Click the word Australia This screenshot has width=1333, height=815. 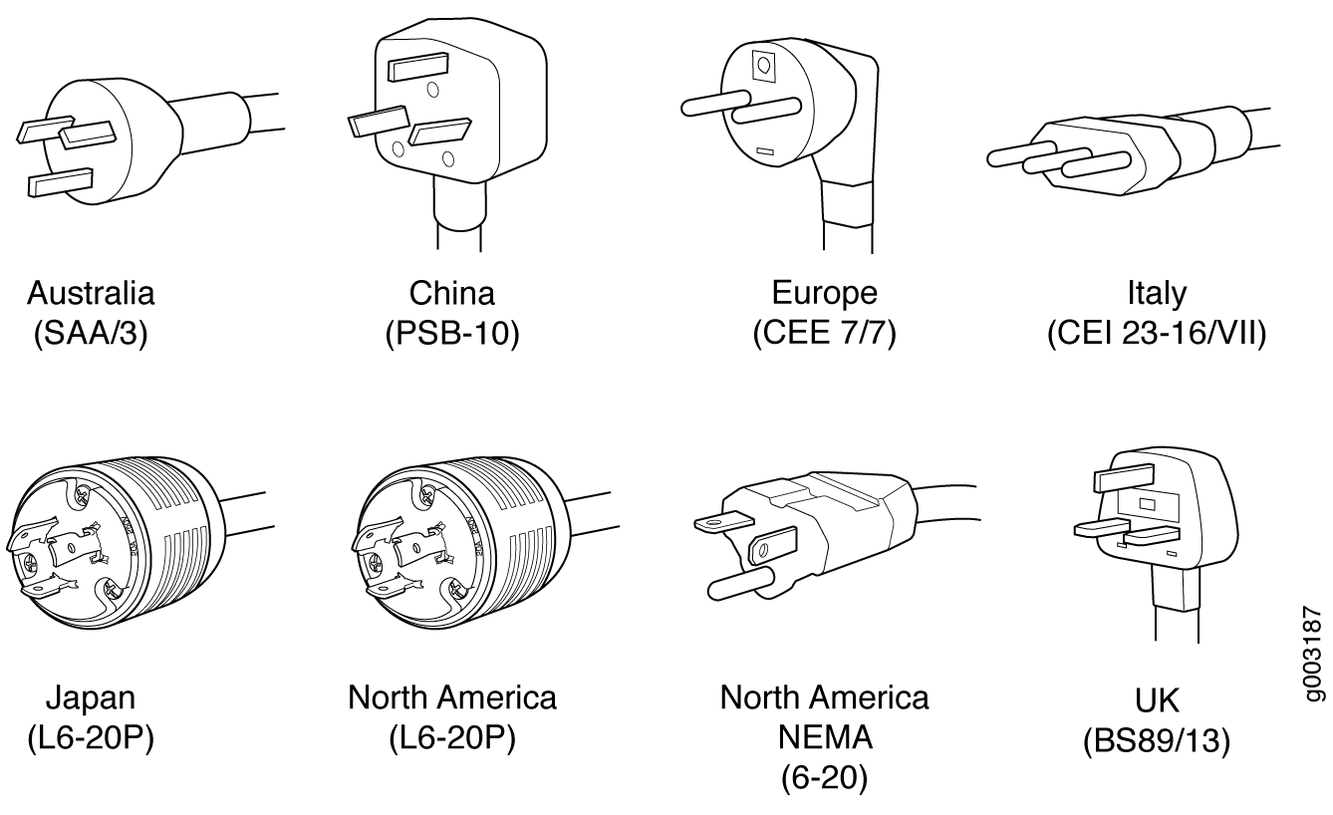coord(91,293)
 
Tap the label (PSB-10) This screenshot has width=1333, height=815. coord(452,333)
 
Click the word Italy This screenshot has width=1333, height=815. coord(1157,294)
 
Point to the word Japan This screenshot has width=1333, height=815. coord(91,698)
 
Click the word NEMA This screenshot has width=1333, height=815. coord(825,737)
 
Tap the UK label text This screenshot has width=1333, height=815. coord(1157,700)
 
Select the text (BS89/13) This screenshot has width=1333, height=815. coord(1157,741)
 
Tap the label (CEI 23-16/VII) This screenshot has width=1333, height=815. coord(1157,333)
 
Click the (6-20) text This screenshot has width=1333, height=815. coord(825,777)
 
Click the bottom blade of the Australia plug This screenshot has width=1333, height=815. coord(61,182)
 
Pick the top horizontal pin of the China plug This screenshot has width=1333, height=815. coord(417,67)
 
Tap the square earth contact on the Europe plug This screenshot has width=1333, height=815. coord(764,66)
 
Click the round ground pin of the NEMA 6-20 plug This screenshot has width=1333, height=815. coord(741,582)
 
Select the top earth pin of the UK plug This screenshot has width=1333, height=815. coord(1124,477)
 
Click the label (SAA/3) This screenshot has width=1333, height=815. coord(91,333)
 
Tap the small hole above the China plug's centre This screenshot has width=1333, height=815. coord(433,90)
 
